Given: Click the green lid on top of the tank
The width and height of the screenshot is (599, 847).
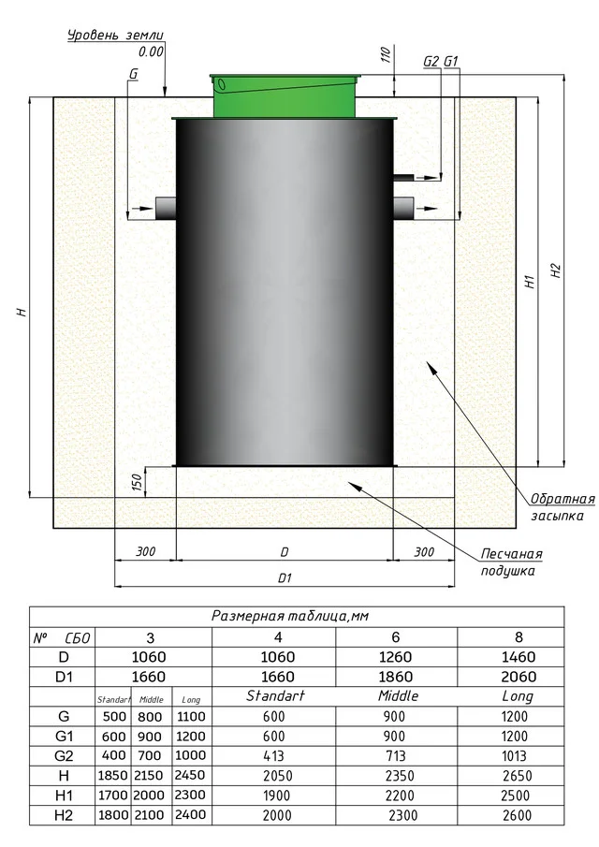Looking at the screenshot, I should [x=285, y=95].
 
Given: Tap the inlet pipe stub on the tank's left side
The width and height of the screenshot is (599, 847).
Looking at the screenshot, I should [x=165, y=208].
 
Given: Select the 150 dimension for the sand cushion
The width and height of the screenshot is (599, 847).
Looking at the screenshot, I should [x=137, y=482].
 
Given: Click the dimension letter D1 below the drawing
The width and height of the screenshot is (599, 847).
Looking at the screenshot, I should [x=285, y=578].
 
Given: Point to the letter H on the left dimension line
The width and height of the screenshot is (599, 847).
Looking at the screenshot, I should [x=21, y=312].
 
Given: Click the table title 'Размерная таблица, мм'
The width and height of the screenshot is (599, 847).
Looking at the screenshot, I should [x=291, y=616].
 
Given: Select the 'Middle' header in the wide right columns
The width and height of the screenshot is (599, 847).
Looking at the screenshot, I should [x=398, y=696].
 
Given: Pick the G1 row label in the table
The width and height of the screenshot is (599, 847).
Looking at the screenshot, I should [x=64, y=737].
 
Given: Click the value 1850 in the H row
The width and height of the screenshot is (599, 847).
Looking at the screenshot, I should [x=112, y=776].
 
